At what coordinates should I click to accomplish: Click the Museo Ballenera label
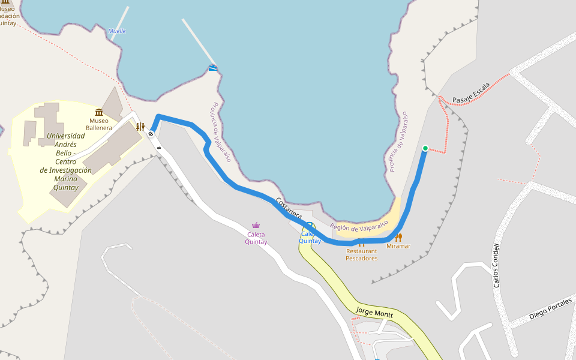click(98, 124)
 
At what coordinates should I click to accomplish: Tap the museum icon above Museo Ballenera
click(98, 112)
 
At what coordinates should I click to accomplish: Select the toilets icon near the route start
click(140, 127)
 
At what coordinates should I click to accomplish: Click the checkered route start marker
click(151, 134)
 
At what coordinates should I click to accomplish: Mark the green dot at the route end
click(425, 148)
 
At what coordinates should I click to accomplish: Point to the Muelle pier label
click(117, 31)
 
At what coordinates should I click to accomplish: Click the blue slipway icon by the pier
click(212, 68)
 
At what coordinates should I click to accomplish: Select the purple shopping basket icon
click(256, 225)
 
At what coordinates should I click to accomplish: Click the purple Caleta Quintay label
click(256, 238)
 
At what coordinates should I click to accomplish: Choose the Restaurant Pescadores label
click(362, 255)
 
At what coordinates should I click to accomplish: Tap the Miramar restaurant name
click(398, 246)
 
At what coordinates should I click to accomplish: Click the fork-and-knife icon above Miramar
click(398, 237)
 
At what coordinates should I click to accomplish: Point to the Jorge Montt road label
click(374, 312)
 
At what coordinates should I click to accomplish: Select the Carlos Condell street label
click(496, 265)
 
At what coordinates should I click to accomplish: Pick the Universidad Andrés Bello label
click(65, 161)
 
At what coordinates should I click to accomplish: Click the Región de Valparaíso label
click(359, 227)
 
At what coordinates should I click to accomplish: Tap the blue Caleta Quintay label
click(310, 238)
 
